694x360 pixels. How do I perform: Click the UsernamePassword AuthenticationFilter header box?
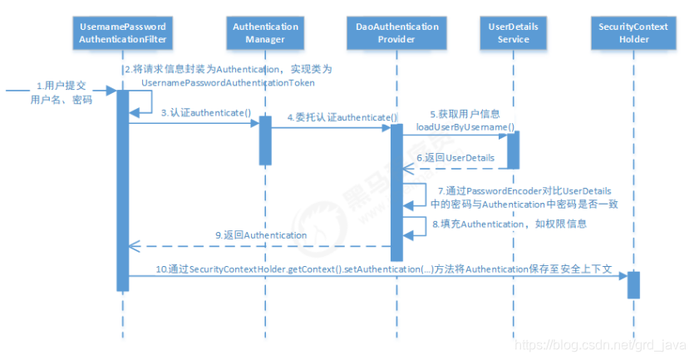(122, 32)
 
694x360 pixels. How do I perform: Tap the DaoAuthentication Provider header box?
(396, 32)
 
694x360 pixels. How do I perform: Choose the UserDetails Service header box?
(513, 32)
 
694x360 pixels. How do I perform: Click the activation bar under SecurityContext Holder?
(632, 284)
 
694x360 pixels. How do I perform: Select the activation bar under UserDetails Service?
(513, 148)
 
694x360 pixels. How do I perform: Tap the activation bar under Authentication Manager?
(265, 139)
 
